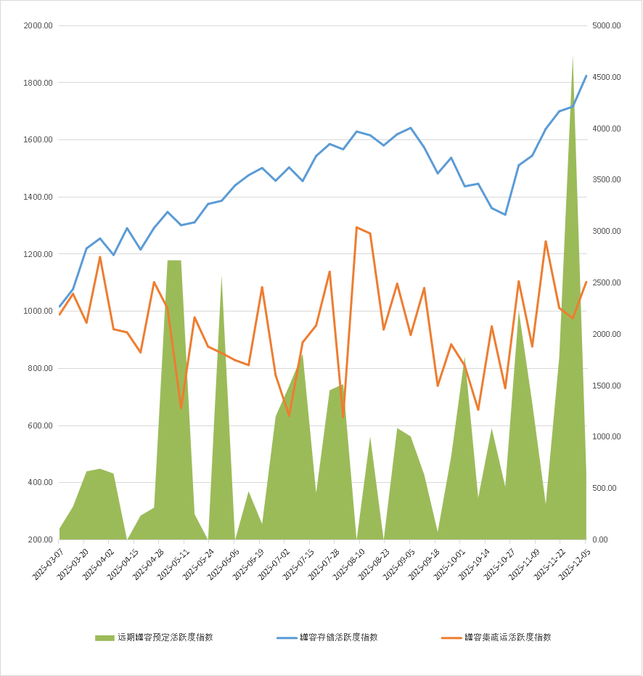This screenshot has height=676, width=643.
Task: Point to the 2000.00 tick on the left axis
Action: tap(38, 25)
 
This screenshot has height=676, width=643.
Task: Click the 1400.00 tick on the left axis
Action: tap(38, 197)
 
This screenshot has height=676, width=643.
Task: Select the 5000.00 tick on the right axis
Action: tap(607, 25)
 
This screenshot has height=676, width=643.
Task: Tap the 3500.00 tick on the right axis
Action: tap(607, 180)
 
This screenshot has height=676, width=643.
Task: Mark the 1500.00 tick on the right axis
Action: tap(607, 386)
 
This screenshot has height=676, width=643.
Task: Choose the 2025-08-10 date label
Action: tap(347, 563)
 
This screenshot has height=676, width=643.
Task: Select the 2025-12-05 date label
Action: tap(573, 563)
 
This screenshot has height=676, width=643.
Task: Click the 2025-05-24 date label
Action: tap(196, 563)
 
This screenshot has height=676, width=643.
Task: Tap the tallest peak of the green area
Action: tap(573, 57)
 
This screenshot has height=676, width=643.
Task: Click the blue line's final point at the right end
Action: tap(586, 76)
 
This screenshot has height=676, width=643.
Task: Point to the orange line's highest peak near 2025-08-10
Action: tap(356, 227)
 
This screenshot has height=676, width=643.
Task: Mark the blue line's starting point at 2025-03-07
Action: tap(60, 306)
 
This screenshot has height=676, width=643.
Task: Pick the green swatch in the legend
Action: tap(105, 638)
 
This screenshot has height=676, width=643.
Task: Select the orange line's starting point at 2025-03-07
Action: tap(60, 314)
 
